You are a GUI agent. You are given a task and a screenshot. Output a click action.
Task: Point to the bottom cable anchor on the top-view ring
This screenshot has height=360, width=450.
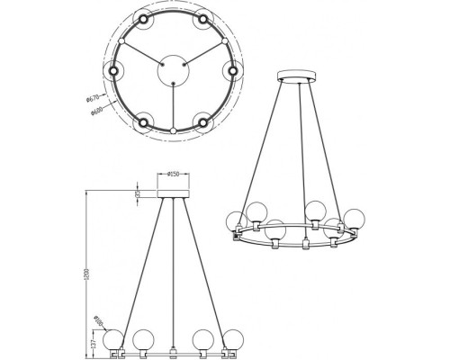[x=171, y=131]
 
